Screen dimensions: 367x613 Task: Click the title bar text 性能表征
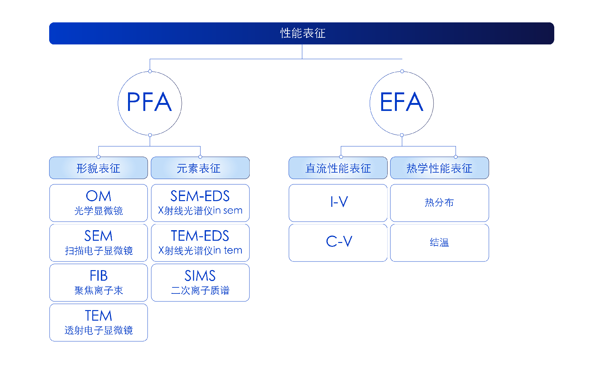[302, 33]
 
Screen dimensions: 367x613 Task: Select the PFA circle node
[150, 103]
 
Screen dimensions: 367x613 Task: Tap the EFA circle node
[402, 103]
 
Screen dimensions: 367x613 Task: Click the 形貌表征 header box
[98, 168]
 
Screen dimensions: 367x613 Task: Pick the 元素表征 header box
[200, 168]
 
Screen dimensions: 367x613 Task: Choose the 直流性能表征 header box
[338, 168]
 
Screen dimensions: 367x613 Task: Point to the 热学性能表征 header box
[439, 168]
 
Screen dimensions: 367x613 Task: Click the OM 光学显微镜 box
[98, 203]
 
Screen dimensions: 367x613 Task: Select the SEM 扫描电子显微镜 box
[98, 243]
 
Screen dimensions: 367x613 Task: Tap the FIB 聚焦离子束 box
[98, 283]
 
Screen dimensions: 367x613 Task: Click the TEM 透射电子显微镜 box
[98, 323]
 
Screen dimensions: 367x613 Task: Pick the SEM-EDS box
[200, 203]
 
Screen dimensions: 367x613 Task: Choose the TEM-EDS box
[200, 243]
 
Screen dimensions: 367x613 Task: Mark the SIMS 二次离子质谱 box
[200, 283]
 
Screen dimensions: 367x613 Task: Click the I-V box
[338, 203]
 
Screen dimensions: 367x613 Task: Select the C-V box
[338, 243]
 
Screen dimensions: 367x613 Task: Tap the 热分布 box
[439, 203]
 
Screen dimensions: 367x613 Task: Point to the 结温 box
[439, 243]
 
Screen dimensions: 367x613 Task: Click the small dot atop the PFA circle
[150, 71]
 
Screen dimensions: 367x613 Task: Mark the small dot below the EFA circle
[402, 135]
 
